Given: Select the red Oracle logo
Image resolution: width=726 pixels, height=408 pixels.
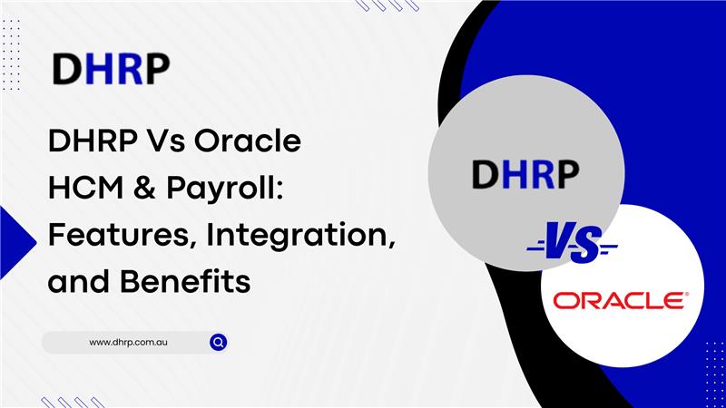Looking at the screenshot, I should [x=622, y=300].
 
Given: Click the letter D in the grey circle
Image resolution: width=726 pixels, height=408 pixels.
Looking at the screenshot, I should [x=481, y=174].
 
